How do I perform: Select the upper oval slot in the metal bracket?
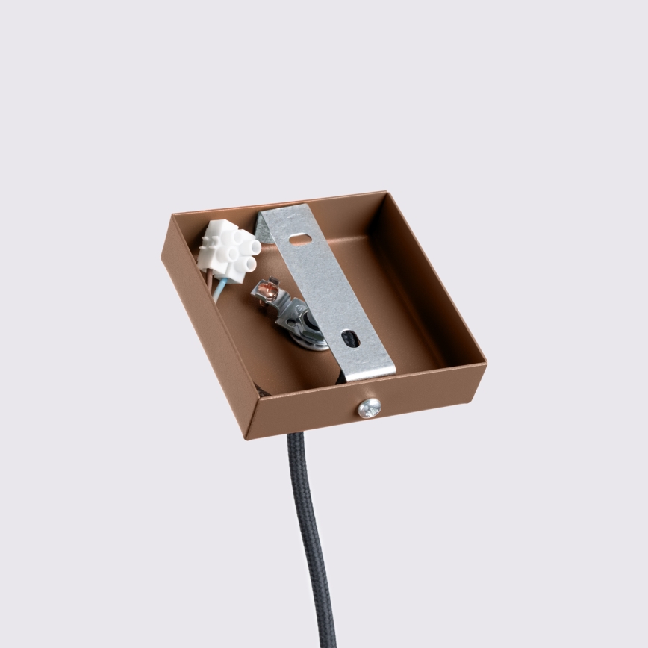click(301, 240)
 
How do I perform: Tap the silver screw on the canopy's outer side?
click(369, 408)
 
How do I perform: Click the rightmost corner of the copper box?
click(485, 364)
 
